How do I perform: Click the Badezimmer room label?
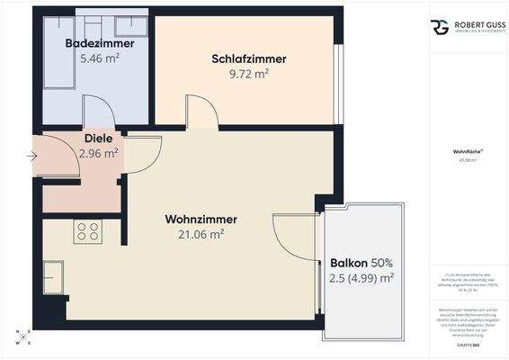click(100, 43)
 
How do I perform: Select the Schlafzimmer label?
click(249, 59)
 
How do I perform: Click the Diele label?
click(98, 139)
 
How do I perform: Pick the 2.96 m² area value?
click(99, 153)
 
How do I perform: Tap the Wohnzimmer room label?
click(201, 220)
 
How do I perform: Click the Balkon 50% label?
click(362, 263)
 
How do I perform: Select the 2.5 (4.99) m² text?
click(362, 277)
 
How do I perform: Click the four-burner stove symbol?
click(88, 231)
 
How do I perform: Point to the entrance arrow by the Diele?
click(33, 156)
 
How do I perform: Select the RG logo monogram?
click(440, 27)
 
